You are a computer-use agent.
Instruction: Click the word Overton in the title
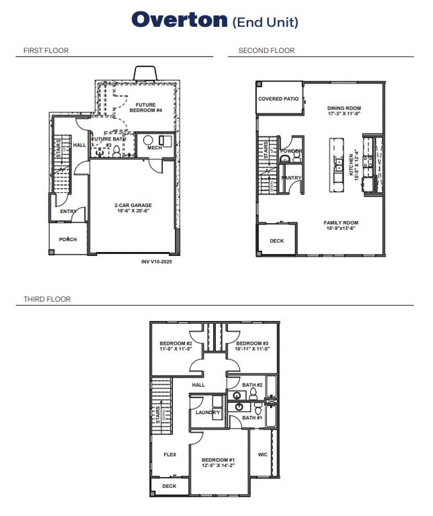(180, 19)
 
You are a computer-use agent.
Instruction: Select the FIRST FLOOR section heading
(46, 50)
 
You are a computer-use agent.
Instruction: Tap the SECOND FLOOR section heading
(266, 50)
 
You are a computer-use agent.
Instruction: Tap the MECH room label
(154, 147)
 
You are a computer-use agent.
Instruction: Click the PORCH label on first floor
(68, 239)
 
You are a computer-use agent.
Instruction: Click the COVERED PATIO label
(278, 99)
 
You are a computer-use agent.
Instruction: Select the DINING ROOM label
(344, 108)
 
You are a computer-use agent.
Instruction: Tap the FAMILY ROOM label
(340, 222)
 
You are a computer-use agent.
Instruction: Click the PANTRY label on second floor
(291, 177)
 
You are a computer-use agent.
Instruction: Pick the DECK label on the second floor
(276, 241)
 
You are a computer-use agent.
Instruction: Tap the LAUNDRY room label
(208, 412)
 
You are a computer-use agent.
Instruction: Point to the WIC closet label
(262, 454)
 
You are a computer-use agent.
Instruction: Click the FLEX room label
(169, 454)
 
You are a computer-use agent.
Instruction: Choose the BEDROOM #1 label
(217, 460)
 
